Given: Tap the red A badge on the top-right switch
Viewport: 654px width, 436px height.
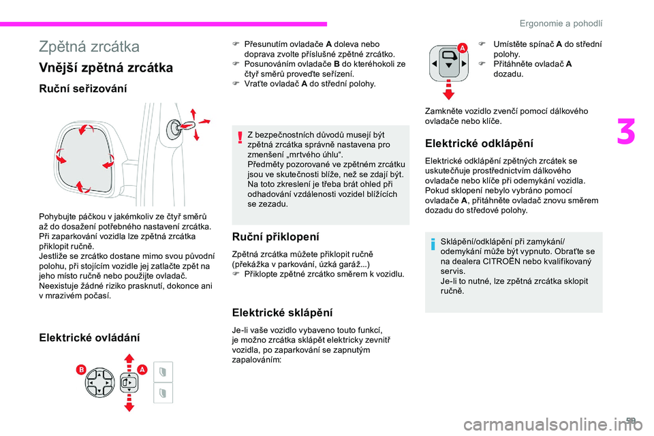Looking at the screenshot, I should pos(463,47).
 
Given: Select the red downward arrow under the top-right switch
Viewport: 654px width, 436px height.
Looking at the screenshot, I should pos(450,92).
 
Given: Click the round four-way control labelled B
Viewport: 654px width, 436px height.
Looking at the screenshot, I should pos(99,382).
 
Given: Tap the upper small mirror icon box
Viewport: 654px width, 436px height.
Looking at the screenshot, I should pos(163,372).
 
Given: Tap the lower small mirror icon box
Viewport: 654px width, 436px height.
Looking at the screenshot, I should pos(163,393).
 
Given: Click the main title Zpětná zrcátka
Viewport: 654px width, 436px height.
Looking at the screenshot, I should pos(89,47).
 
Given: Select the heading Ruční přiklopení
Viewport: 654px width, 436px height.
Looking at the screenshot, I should pos(275,237).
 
